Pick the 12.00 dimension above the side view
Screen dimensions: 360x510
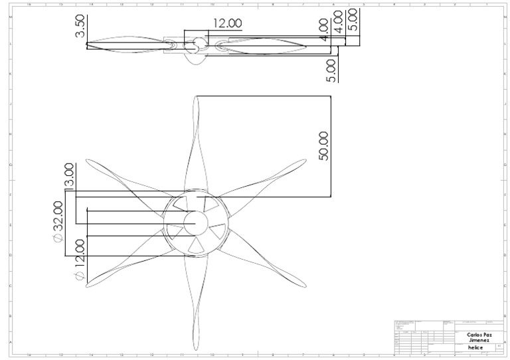pos(227,23)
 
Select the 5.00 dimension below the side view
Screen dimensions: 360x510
pos(331,70)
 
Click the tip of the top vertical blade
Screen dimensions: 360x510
pos(197,97)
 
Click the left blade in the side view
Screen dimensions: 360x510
pos(126,45)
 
